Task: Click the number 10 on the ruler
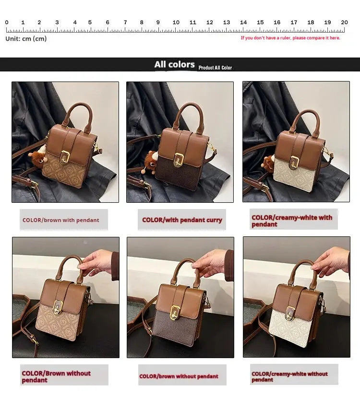pyautogui.click(x=176, y=23)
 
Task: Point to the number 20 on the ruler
pyautogui.click(x=344, y=23)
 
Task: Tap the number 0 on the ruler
pyautogui.click(x=7, y=23)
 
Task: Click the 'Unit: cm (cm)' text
pyautogui.click(x=26, y=39)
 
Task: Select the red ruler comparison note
pyautogui.click(x=290, y=38)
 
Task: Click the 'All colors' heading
pyautogui.click(x=174, y=65)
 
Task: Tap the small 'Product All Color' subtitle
pyautogui.click(x=215, y=68)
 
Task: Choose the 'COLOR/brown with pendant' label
pyautogui.click(x=61, y=220)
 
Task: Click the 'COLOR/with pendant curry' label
pyautogui.click(x=182, y=220)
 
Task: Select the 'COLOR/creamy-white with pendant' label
pyautogui.click(x=291, y=221)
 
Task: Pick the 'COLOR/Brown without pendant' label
pyautogui.click(x=56, y=376)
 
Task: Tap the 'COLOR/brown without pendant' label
pyautogui.click(x=179, y=376)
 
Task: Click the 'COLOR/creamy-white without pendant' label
pyautogui.click(x=289, y=376)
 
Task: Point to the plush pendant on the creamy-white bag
pyautogui.click(x=267, y=163)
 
